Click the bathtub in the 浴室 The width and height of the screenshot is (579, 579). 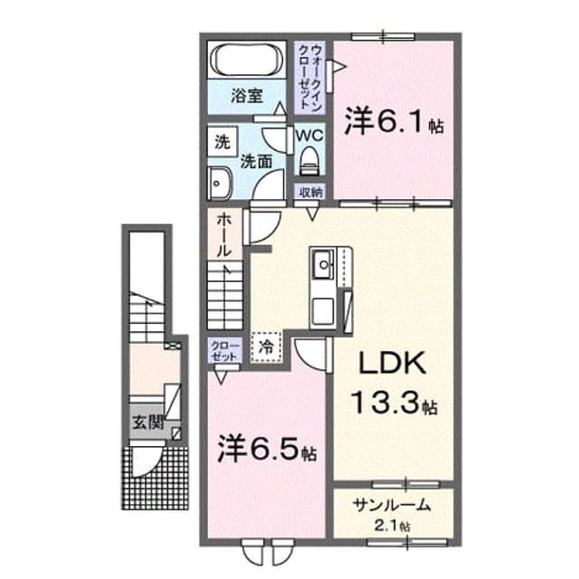(x=247, y=59)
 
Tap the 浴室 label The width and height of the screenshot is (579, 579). (x=247, y=96)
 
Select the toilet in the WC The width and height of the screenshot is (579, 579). (x=309, y=161)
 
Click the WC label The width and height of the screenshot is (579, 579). (x=309, y=136)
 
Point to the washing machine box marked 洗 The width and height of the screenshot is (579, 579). (x=223, y=141)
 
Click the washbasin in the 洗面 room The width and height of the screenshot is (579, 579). (x=219, y=183)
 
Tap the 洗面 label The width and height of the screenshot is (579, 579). (x=256, y=162)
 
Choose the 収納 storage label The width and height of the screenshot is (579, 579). (x=310, y=193)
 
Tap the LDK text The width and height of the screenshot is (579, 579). (x=392, y=364)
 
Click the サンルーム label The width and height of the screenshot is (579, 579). (x=392, y=505)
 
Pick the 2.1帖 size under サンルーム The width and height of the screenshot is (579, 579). (x=392, y=526)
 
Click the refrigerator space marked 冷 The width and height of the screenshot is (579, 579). (x=266, y=346)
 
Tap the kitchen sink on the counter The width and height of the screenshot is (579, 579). (x=324, y=264)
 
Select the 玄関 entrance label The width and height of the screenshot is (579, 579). (x=148, y=422)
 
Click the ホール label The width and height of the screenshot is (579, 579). (x=224, y=235)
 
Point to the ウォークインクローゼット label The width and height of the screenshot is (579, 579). (x=311, y=77)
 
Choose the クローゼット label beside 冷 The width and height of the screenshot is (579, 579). (x=224, y=351)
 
